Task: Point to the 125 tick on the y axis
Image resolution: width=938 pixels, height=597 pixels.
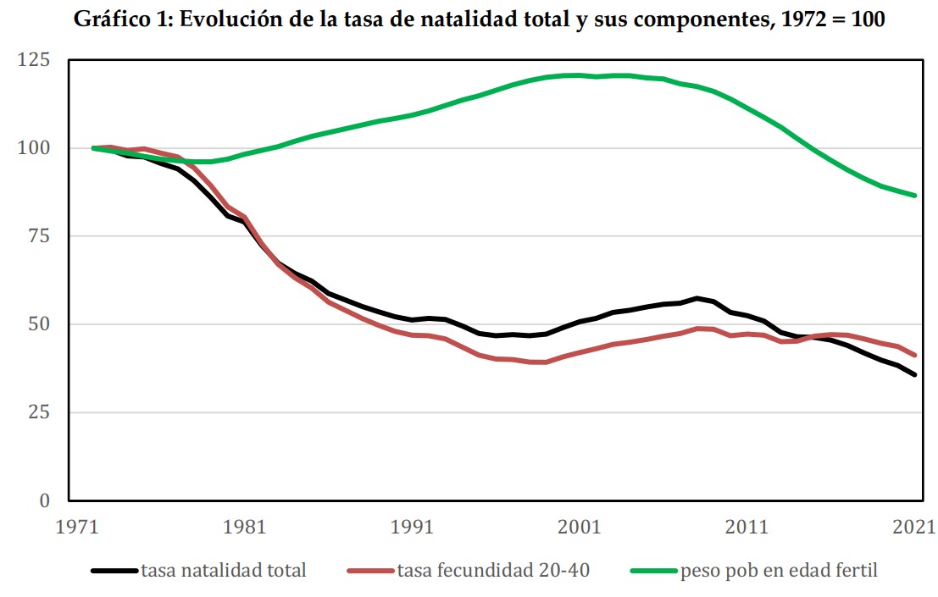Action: click(x=34, y=60)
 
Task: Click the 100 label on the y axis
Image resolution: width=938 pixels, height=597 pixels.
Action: click(x=34, y=148)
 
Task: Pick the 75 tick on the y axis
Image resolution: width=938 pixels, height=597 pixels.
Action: click(x=39, y=236)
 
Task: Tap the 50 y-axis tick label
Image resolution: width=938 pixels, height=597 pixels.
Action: click(x=39, y=324)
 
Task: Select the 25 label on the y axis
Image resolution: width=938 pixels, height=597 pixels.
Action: click(x=39, y=412)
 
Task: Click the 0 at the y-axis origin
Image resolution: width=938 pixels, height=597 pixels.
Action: click(x=45, y=500)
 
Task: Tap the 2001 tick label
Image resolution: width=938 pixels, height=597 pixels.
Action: click(x=580, y=527)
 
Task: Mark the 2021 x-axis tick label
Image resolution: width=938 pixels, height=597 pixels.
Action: click(x=913, y=527)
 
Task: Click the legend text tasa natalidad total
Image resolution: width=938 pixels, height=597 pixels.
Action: click(x=224, y=571)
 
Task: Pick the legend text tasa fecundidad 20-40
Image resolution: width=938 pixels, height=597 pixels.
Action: click(x=493, y=571)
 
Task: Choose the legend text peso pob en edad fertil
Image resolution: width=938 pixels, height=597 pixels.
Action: click(x=779, y=571)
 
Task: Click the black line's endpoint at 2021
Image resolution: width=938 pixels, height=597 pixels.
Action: click(x=915, y=375)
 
